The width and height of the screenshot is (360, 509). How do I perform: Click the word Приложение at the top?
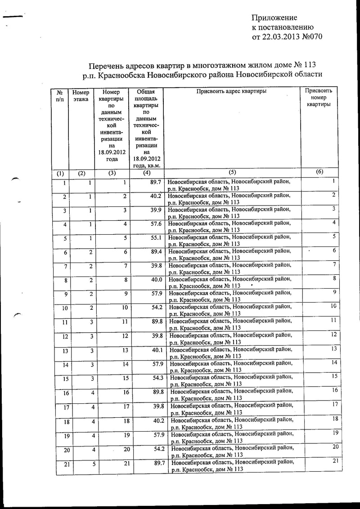[x=274, y=18]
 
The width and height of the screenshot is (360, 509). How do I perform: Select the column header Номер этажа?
[x=81, y=96]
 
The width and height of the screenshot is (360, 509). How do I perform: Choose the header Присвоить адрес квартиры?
[x=231, y=92]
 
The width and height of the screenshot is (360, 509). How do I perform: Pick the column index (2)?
[x=81, y=173]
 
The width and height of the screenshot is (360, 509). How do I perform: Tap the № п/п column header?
[x=59, y=96]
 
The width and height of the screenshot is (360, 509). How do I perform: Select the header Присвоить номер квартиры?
[x=319, y=97]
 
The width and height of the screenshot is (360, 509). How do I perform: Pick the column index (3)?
[x=112, y=173]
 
